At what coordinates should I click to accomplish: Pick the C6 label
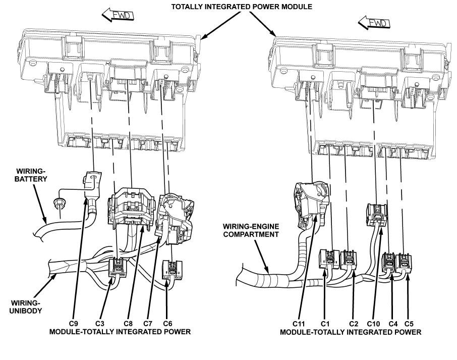click(168, 321)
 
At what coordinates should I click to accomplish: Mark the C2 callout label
click(353, 321)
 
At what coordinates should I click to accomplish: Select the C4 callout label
click(392, 321)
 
